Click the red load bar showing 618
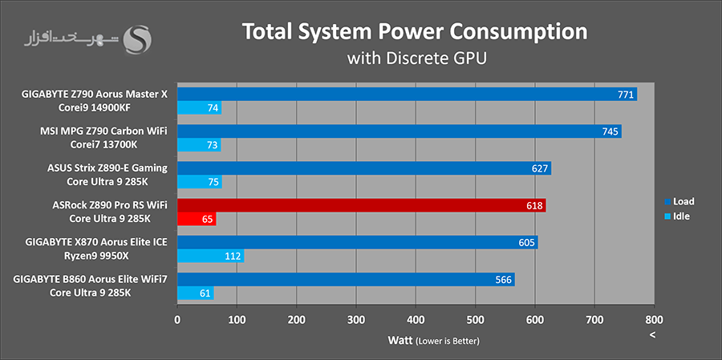[361, 205]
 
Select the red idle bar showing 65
[197, 219]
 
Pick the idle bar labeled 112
[210, 256]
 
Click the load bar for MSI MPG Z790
[399, 131]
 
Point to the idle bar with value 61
[195, 293]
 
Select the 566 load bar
[346, 279]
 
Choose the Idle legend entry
[679, 216]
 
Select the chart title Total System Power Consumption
[415, 32]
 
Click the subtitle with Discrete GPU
[416, 59]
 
